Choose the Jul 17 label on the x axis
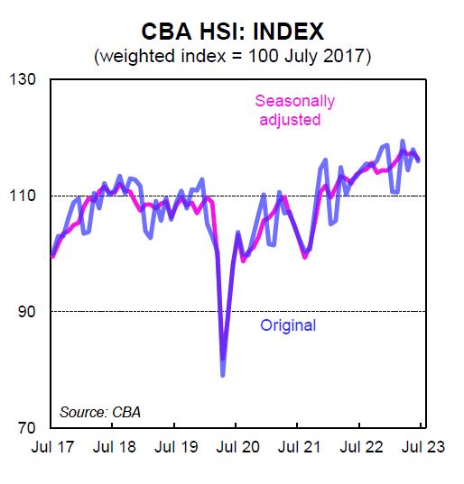click(51, 446)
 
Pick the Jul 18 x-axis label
click(114, 446)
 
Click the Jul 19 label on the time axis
click(175, 446)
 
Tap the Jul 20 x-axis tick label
click(237, 446)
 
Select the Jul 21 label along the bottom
click(299, 446)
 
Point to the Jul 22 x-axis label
click(361, 446)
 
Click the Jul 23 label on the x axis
click(422, 446)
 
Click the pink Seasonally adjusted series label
click(294, 110)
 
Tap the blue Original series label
click(288, 325)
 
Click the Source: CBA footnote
click(100, 412)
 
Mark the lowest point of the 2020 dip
click(223, 374)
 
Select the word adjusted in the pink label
click(294, 119)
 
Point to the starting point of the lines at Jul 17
click(52, 255)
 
